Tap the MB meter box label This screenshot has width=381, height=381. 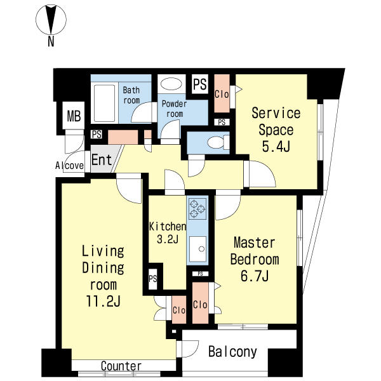point(74,116)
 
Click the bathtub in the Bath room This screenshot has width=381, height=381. point(105,103)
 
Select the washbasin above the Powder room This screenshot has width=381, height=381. point(171,84)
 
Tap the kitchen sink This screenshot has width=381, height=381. point(197,249)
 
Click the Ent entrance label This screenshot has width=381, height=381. point(102,159)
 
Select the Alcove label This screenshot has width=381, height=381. point(69,166)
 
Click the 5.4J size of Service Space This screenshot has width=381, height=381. point(276,146)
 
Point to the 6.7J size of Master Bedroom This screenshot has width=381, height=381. point(255,276)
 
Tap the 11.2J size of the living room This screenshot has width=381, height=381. point(103,301)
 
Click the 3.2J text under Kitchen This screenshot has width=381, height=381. point(168,239)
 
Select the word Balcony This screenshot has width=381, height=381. point(232,352)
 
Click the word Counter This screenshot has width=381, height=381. point(121,366)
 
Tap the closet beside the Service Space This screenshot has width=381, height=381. point(222,93)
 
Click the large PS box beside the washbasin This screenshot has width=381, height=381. point(200,84)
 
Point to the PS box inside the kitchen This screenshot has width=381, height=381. point(152,279)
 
